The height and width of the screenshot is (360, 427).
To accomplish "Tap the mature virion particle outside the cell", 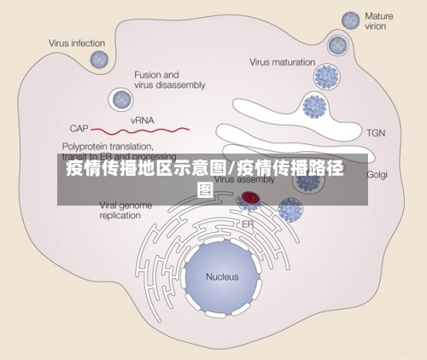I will click(x=350, y=20).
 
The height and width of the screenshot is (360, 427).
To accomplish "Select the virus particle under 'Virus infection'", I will click(x=99, y=60).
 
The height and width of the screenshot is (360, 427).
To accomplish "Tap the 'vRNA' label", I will click(x=142, y=121).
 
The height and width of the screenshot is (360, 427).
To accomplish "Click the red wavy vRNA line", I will click(x=141, y=131).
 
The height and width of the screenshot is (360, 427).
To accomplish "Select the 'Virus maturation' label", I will click(x=283, y=61).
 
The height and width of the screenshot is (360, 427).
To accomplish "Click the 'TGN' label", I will click(x=376, y=132).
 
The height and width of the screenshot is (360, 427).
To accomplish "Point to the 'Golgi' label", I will click(x=377, y=174).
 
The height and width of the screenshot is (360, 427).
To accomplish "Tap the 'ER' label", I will click(x=247, y=224).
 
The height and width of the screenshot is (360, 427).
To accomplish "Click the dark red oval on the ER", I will click(x=250, y=198).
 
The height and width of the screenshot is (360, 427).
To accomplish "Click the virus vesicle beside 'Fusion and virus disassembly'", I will click(x=118, y=99).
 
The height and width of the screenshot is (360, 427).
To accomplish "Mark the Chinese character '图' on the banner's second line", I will click(x=205, y=189).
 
